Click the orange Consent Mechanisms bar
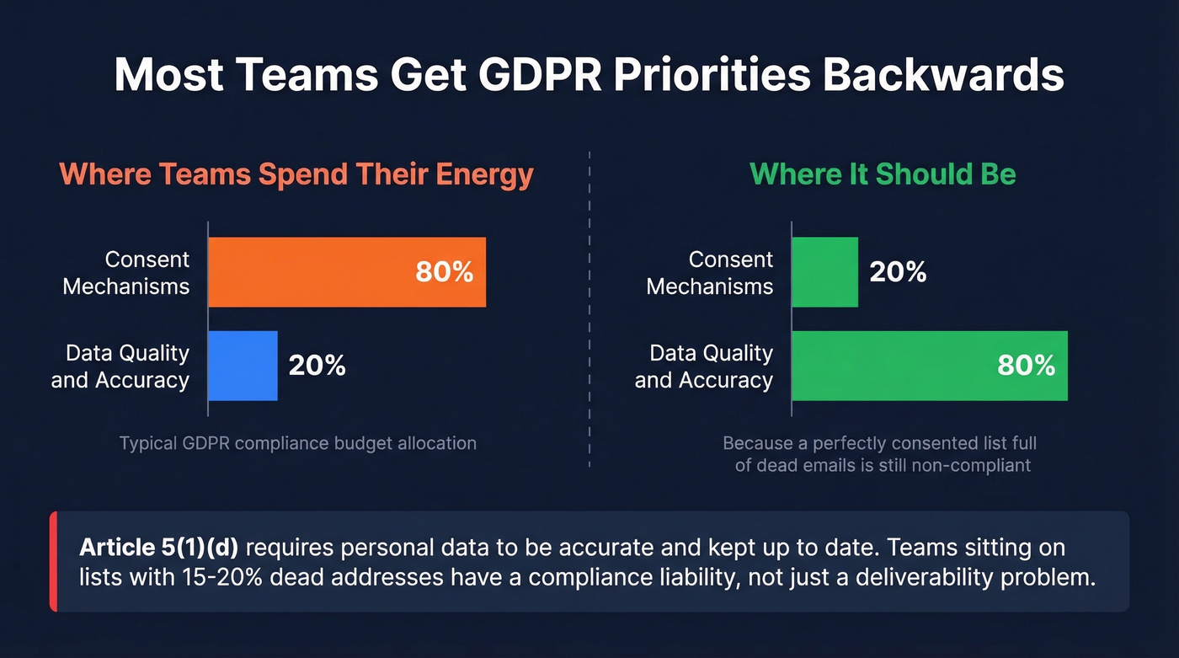[346, 272]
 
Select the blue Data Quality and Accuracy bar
[243, 366]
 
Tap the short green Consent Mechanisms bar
[824, 272]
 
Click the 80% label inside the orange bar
[444, 272]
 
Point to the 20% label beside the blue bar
[317, 366]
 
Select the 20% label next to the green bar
[898, 272]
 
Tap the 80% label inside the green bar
[1026, 366]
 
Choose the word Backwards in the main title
[942, 76]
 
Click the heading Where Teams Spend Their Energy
[296, 174]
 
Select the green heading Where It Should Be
[883, 174]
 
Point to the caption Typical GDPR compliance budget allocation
[297, 443]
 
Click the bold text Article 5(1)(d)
[158, 548]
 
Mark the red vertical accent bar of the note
[53, 561]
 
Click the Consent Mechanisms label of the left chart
[126, 272]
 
